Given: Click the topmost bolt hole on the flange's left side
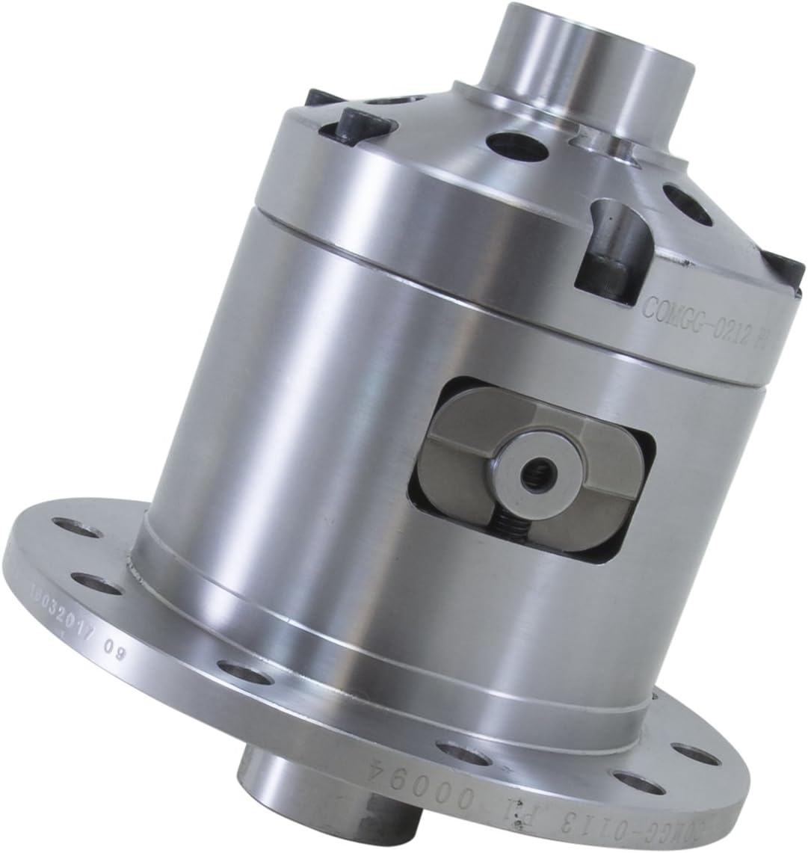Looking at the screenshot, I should [x=81, y=533].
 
